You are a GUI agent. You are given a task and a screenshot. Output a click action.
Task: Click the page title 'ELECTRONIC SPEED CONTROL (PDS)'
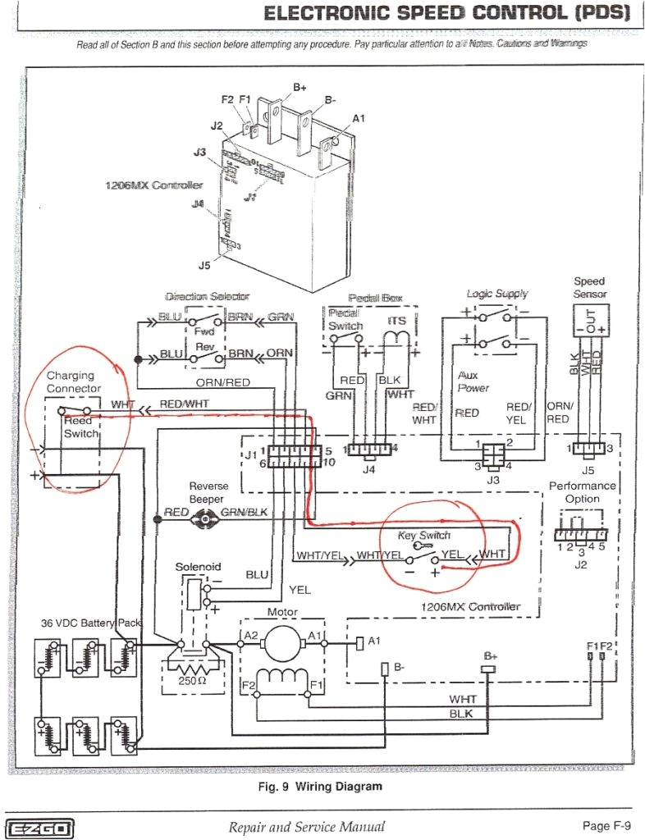pos(447,13)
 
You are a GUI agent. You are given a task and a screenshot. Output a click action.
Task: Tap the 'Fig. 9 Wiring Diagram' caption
pos(320,787)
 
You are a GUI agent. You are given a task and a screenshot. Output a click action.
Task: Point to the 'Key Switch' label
pos(423,535)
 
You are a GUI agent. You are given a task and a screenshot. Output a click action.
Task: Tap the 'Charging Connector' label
pos(74,382)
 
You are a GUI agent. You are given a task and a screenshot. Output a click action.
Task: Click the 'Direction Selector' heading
pos(207,296)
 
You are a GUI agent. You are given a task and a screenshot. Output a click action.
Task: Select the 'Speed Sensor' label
pos(589,287)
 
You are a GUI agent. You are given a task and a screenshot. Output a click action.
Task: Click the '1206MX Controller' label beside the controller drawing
pos(153,185)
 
